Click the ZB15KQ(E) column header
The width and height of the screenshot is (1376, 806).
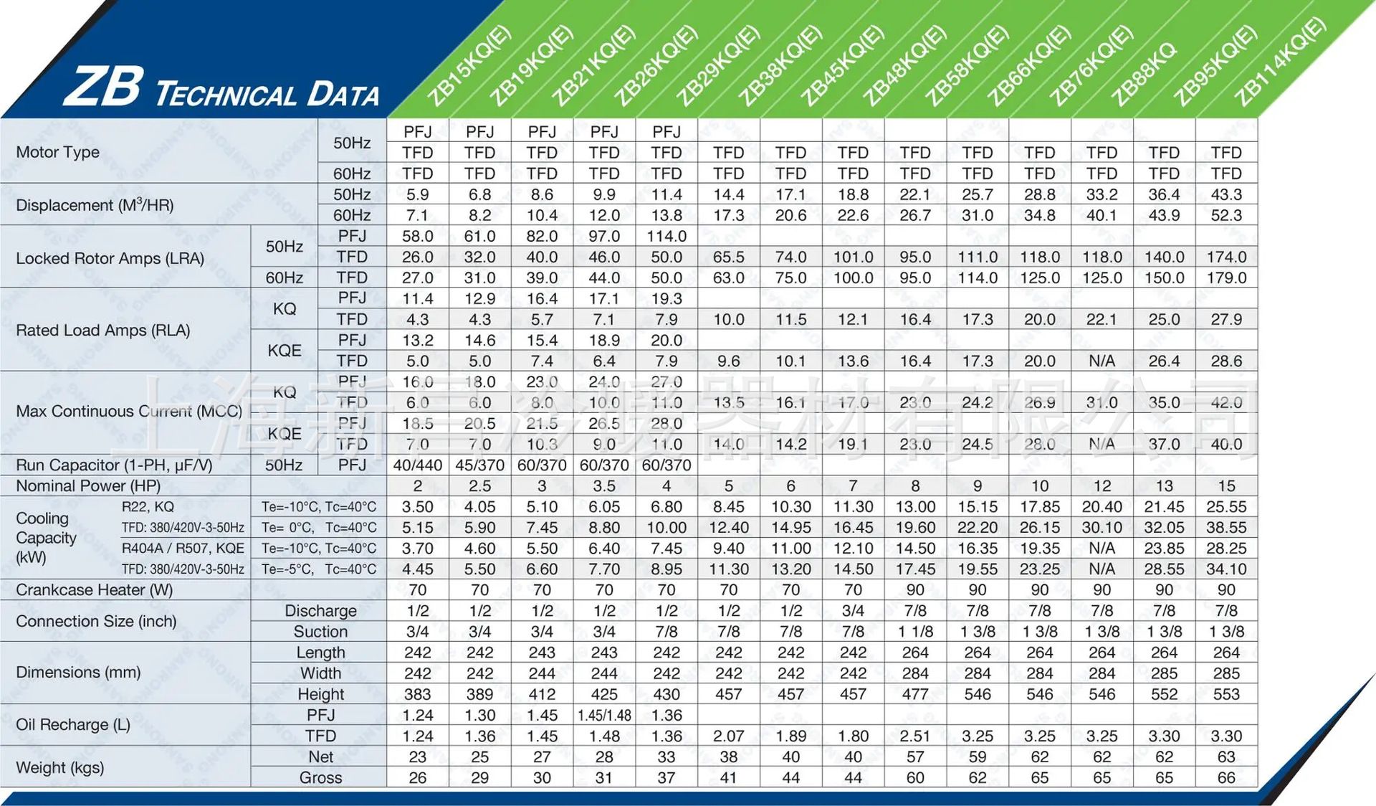(469, 66)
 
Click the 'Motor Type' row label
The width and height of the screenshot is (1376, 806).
(57, 152)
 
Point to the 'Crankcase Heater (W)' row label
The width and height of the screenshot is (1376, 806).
(94, 589)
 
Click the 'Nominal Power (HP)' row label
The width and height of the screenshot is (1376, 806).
(87, 485)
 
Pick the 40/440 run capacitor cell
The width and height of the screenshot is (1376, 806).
(417, 465)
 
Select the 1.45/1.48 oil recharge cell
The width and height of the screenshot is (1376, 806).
(604, 715)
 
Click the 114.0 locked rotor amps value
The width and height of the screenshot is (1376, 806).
(666, 236)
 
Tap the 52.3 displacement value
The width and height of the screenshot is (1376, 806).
(1226, 215)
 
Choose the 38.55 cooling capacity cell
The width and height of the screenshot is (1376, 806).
(1226, 527)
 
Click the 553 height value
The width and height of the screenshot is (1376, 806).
(1226, 694)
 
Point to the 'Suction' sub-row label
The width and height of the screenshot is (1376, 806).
(320, 632)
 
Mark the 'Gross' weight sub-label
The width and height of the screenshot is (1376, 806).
(320, 777)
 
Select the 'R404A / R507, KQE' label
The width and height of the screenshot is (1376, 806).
(183, 549)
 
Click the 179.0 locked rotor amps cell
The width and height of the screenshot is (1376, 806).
(1226, 278)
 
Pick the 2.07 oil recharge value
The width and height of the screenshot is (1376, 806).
(728, 736)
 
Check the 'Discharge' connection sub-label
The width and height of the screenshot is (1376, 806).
(320, 611)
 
